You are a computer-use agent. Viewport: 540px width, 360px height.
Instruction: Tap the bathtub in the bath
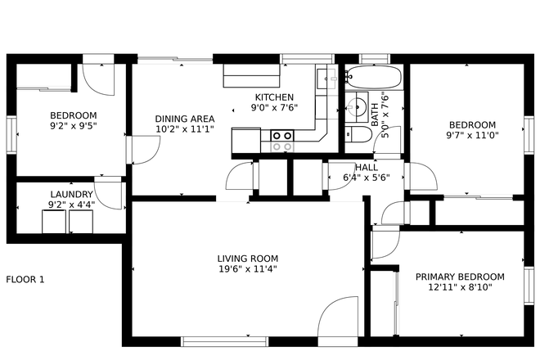[x=373, y=79]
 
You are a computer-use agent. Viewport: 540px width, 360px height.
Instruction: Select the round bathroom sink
[x=357, y=106]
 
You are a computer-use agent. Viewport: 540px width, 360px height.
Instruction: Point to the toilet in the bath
[x=358, y=137]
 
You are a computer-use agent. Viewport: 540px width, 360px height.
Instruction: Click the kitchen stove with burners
[x=282, y=141]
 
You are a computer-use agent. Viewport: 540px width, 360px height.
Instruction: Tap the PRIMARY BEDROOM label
[x=459, y=277]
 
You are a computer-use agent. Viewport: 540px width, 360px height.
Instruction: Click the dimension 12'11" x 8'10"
[x=459, y=288]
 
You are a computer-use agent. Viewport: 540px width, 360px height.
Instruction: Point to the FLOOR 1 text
[x=25, y=280]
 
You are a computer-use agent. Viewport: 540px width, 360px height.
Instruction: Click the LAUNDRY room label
[x=71, y=194]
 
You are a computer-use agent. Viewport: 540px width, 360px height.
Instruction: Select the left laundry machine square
[x=53, y=223]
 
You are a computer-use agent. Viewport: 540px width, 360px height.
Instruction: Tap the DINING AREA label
[x=184, y=118]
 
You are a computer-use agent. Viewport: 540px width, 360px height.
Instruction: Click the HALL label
[x=366, y=167]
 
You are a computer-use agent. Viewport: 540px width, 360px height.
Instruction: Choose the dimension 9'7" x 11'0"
[x=472, y=136]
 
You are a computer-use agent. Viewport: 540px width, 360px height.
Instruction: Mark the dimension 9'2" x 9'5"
[x=73, y=127]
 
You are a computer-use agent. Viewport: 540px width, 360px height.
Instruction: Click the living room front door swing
[x=338, y=318]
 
